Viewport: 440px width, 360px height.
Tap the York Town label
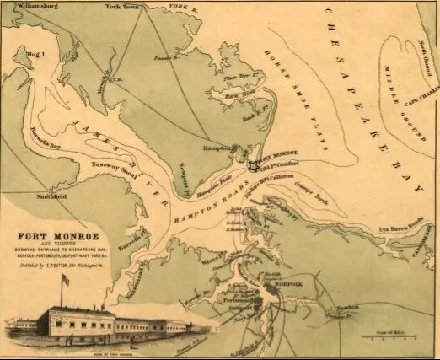point(124,7)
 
